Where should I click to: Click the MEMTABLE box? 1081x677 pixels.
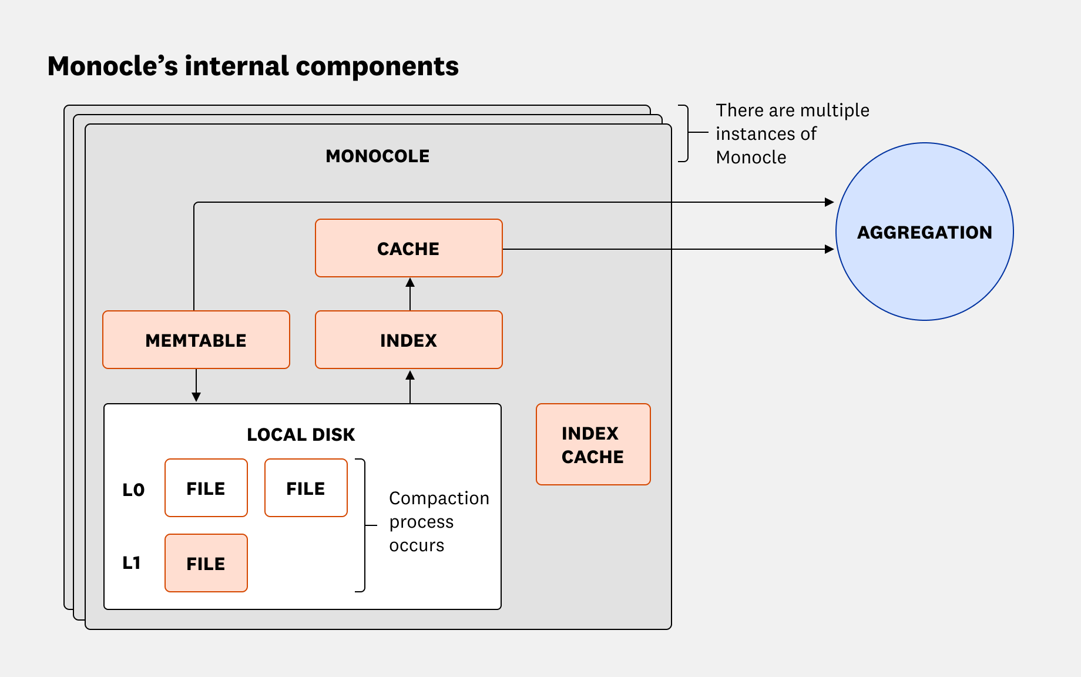[x=196, y=340]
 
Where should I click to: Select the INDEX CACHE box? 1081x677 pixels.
[x=593, y=444]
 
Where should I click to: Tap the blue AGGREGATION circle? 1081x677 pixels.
[x=924, y=232]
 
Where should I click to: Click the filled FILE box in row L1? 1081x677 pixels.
[x=206, y=563]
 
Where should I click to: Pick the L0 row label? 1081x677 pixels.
[x=133, y=490]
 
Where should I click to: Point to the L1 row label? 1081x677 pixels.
[x=132, y=563]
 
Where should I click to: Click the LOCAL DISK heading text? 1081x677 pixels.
[x=301, y=434]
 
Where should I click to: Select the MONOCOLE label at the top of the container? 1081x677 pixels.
[x=377, y=156]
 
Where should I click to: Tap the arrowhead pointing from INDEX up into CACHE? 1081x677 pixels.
[x=410, y=283]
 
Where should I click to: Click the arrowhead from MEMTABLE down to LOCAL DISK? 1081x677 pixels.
[x=196, y=397]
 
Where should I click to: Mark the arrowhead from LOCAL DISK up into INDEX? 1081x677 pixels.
[x=410, y=376]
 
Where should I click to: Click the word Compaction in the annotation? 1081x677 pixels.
[x=439, y=498]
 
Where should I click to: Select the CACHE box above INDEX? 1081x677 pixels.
[x=408, y=248]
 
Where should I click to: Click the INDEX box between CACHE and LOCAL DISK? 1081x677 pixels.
[x=408, y=340]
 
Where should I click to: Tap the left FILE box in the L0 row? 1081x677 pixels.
[x=206, y=488]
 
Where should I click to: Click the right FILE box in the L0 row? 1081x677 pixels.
[x=305, y=488]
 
